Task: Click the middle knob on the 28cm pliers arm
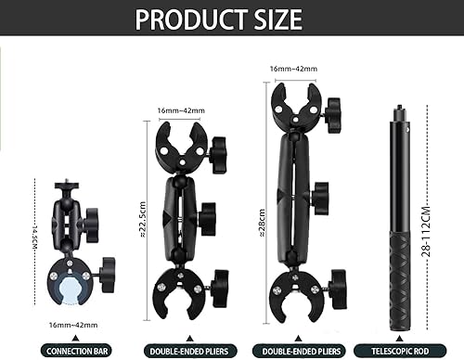(x=320, y=197)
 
